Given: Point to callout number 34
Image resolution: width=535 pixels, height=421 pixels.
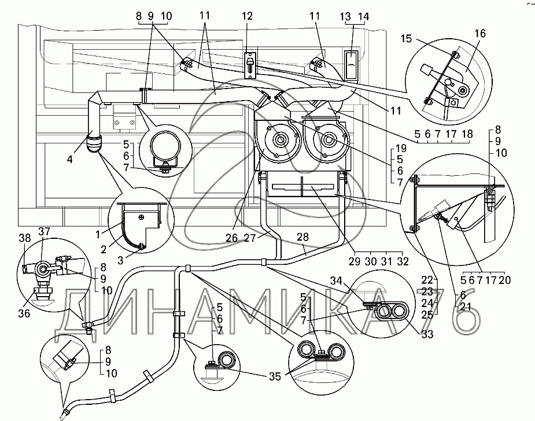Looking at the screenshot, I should tap(352, 282).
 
